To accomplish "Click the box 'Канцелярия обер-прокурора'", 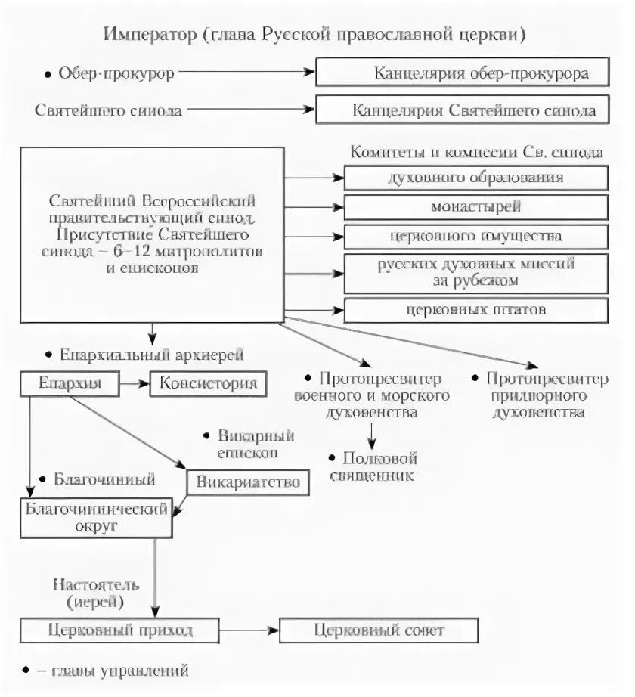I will click(x=462, y=73).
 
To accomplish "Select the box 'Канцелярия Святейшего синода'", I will click(x=462, y=110).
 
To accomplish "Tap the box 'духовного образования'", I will click(x=476, y=178).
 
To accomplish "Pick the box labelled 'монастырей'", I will click(x=476, y=206).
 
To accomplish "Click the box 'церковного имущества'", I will click(x=476, y=236).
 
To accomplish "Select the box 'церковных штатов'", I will click(x=476, y=310).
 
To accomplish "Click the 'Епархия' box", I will click(x=71, y=383).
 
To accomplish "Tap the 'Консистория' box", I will click(x=209, y=383).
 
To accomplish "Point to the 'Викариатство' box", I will click(x=248, y=482).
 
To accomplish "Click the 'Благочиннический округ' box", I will click(x=96, y=516).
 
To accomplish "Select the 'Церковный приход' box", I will click(x=120, y=630).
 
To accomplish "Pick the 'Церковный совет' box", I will click(x=379, y=630).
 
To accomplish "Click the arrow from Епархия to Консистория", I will click(x=136, y=383).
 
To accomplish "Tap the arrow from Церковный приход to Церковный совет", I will click(x=249, y=630).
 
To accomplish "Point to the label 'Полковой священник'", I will click(x=373, y=466).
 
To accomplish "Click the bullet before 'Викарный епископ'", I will click(x=206, y=437).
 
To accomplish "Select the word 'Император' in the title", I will click(x=148, y=35).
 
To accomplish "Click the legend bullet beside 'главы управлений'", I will click(x=26, y=669).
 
